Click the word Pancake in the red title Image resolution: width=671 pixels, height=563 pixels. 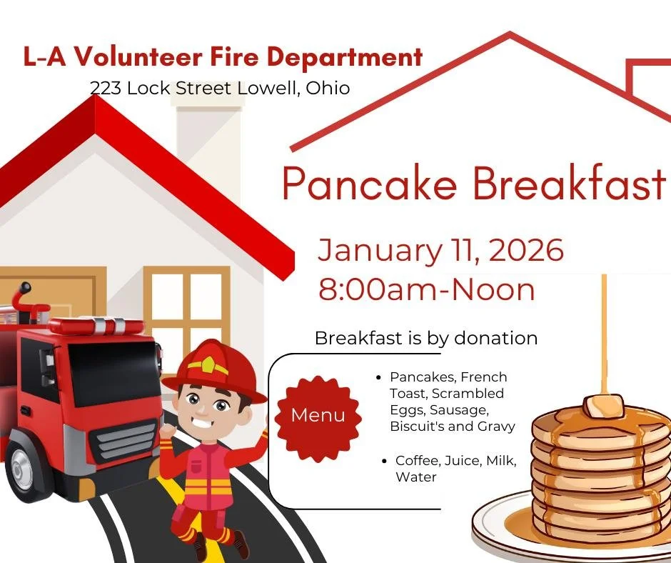(369, 184)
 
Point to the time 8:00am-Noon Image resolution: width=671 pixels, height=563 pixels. (426, 289)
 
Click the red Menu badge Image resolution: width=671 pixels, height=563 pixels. (318, 415)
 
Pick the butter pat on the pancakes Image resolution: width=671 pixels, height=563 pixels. (602, 406)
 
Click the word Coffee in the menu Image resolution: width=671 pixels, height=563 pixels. (415, 461)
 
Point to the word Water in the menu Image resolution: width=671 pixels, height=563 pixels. (415, 477)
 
